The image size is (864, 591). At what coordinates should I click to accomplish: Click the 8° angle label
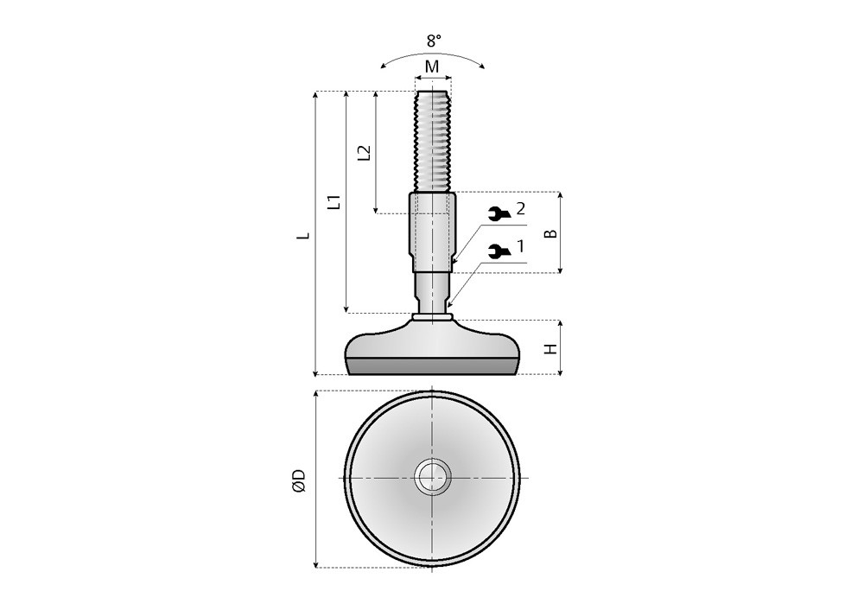[434, 41]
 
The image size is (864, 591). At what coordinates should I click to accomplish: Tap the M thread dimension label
[433, 67]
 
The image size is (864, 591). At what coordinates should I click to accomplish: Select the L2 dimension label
[365, 153]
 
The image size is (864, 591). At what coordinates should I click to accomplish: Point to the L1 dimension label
[334, 202]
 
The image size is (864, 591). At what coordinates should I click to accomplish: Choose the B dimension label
[550, 233]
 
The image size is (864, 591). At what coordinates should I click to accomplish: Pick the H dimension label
[551, 348]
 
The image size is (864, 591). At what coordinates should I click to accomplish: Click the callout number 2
[520, 209]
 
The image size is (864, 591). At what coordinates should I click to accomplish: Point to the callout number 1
[519, 247]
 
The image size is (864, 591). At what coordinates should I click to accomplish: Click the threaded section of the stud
[433, 141]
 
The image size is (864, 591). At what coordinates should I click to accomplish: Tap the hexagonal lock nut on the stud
[432, 232]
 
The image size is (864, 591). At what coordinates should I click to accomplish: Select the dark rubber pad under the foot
[433, 366]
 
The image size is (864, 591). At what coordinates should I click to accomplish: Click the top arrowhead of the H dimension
[561, 323]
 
